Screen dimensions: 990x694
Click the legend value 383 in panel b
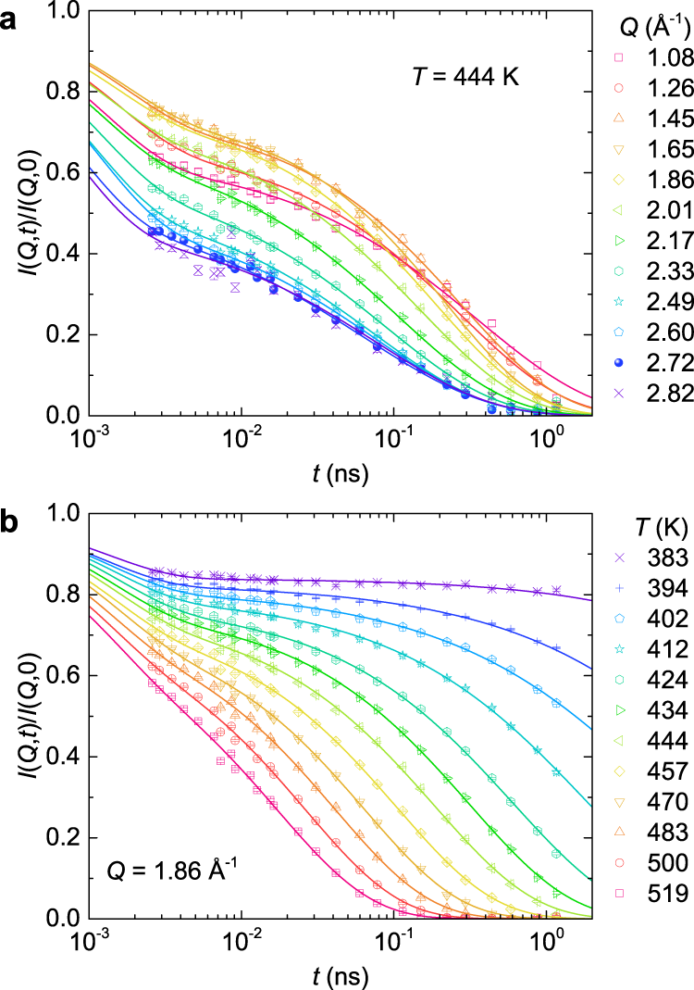tap(655, 558)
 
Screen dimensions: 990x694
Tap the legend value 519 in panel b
tap(655, 868)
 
